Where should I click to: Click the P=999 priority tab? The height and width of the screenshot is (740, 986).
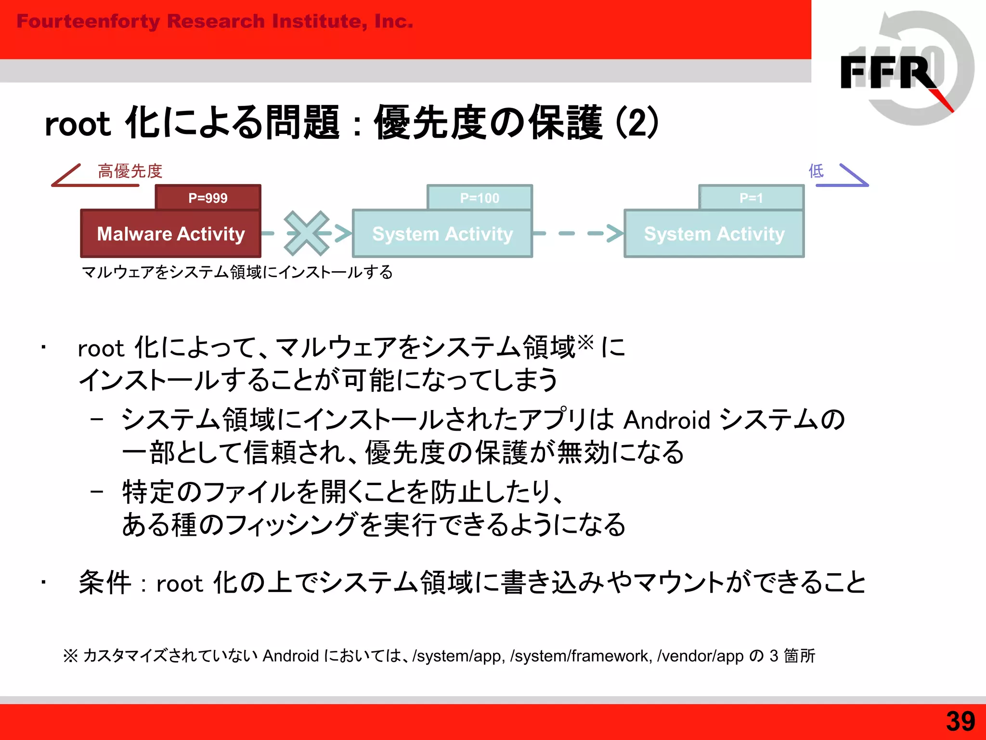click(x=208, y=198)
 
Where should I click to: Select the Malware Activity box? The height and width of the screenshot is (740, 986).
click(x=171, y=234)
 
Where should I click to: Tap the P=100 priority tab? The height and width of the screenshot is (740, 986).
click(x=480, y=198)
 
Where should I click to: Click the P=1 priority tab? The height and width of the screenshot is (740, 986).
click(x=751, y=198)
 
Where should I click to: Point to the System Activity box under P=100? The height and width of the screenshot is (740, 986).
click(x=442, y=234)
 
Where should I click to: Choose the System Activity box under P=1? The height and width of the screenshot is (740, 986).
click(x=714, y=234)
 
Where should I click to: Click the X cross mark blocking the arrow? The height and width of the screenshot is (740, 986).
click(x=307, y=233)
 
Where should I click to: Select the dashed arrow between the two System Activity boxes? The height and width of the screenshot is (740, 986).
click(x=578, y=233)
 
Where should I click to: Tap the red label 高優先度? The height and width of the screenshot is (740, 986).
click(x=130, y=171)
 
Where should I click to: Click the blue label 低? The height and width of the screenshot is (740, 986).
click(x=816, y=171)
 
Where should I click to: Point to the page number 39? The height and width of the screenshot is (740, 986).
click(x=960, y=721)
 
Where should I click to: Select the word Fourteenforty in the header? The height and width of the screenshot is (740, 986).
click(x=88, y=21)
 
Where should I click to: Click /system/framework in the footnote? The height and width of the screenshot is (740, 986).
click(x=581, y=656)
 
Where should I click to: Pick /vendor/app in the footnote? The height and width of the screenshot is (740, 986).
click(x=701, y=656)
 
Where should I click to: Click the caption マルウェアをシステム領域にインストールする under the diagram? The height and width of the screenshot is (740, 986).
click(x=237, y=272)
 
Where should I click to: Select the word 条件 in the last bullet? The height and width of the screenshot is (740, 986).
click(x=105, y=582)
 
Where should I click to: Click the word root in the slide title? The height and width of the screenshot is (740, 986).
click(x=78, y=124)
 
